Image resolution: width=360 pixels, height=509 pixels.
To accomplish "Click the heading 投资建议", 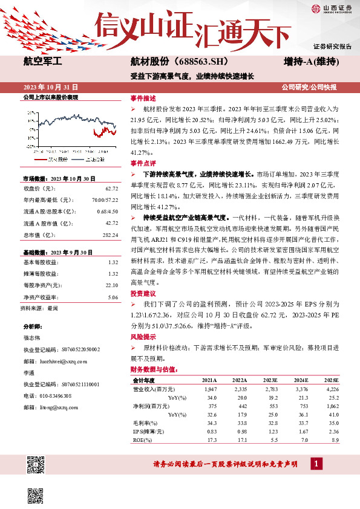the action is [143, 293].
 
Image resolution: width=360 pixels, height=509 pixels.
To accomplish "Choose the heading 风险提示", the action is [143, 336].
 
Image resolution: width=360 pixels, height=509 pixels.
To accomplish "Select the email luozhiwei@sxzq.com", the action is [64, 360].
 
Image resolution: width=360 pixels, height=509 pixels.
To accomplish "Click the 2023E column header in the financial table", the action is [269, 380].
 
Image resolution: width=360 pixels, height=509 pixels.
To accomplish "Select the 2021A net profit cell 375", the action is [211, 406].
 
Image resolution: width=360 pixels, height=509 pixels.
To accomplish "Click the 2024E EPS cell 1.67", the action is [301, 432].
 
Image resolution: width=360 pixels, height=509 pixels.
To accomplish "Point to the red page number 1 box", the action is [316, 464].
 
